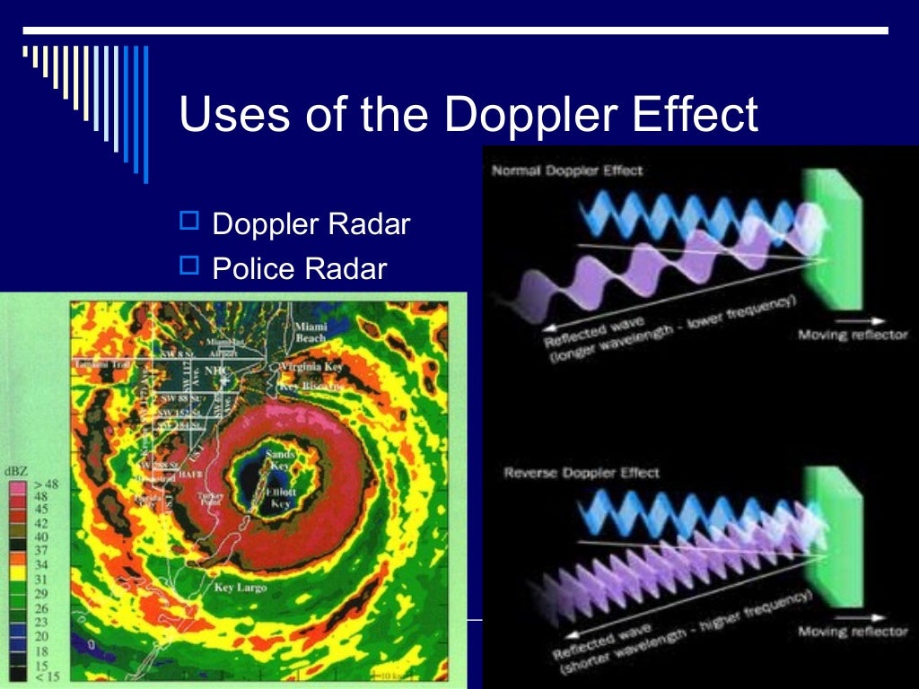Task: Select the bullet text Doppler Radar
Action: pyautogui.click(x=311, y=224)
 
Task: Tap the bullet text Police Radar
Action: pyautogui.click(x=299, y=268)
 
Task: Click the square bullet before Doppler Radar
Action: pyautogui.click(x=189, y=221)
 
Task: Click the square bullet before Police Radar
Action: pyautogui.click(x=189, y=265)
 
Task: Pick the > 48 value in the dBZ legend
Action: pyautogui.click(x=45, y=484)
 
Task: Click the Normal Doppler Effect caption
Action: pyautogui.click(x=567, y=170)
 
